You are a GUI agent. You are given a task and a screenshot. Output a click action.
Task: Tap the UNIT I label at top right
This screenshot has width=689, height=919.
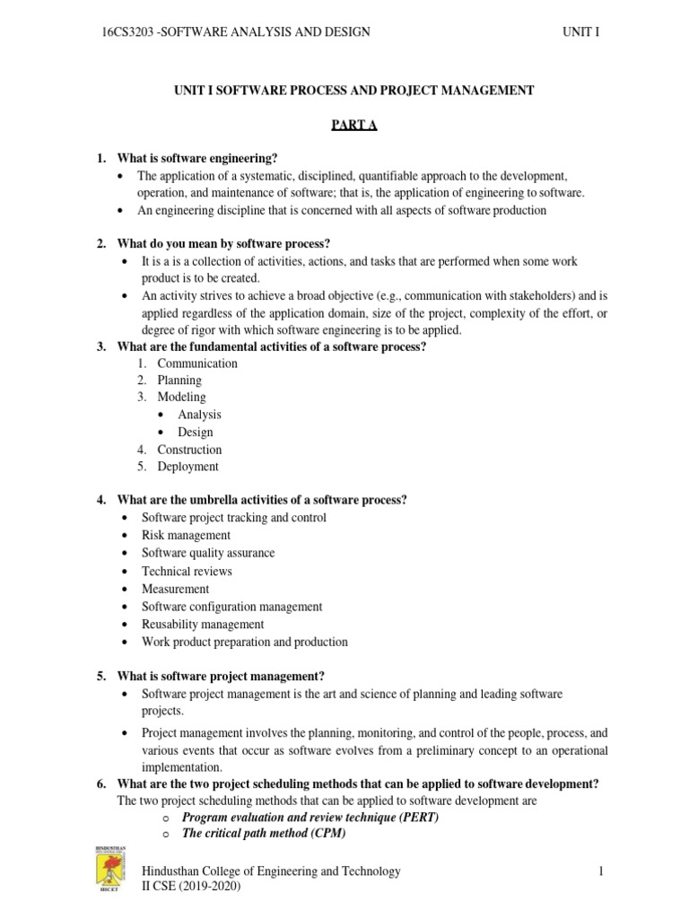(x=580, y=33)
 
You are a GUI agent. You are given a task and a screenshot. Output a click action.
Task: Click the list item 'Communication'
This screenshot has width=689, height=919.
(x=197, y=363)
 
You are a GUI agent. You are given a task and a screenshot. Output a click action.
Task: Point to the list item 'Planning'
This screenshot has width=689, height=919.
(x=179, y=381)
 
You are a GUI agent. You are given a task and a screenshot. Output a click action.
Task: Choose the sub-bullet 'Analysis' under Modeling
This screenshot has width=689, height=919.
(x=199, y=415)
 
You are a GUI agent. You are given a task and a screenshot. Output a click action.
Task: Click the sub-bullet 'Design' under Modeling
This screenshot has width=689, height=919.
(x=196, y=432)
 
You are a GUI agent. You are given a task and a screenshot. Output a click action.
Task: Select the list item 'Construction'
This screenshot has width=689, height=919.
(x=189, y=450)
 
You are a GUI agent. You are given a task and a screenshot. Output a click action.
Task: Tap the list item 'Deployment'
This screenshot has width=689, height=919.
(x=188, y=467)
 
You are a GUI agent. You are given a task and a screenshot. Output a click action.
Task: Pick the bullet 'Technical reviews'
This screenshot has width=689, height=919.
(x=187, y=571)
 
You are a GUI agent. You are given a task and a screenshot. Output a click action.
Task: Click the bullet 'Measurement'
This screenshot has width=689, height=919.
(x=176, y=589)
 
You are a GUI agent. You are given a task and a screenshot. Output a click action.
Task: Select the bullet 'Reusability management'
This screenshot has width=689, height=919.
(x=203, y=624)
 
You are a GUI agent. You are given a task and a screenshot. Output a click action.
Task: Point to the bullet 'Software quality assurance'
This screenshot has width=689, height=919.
(x=208, y=553)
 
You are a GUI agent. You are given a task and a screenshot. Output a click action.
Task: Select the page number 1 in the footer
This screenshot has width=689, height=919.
(x=597, y=871)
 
